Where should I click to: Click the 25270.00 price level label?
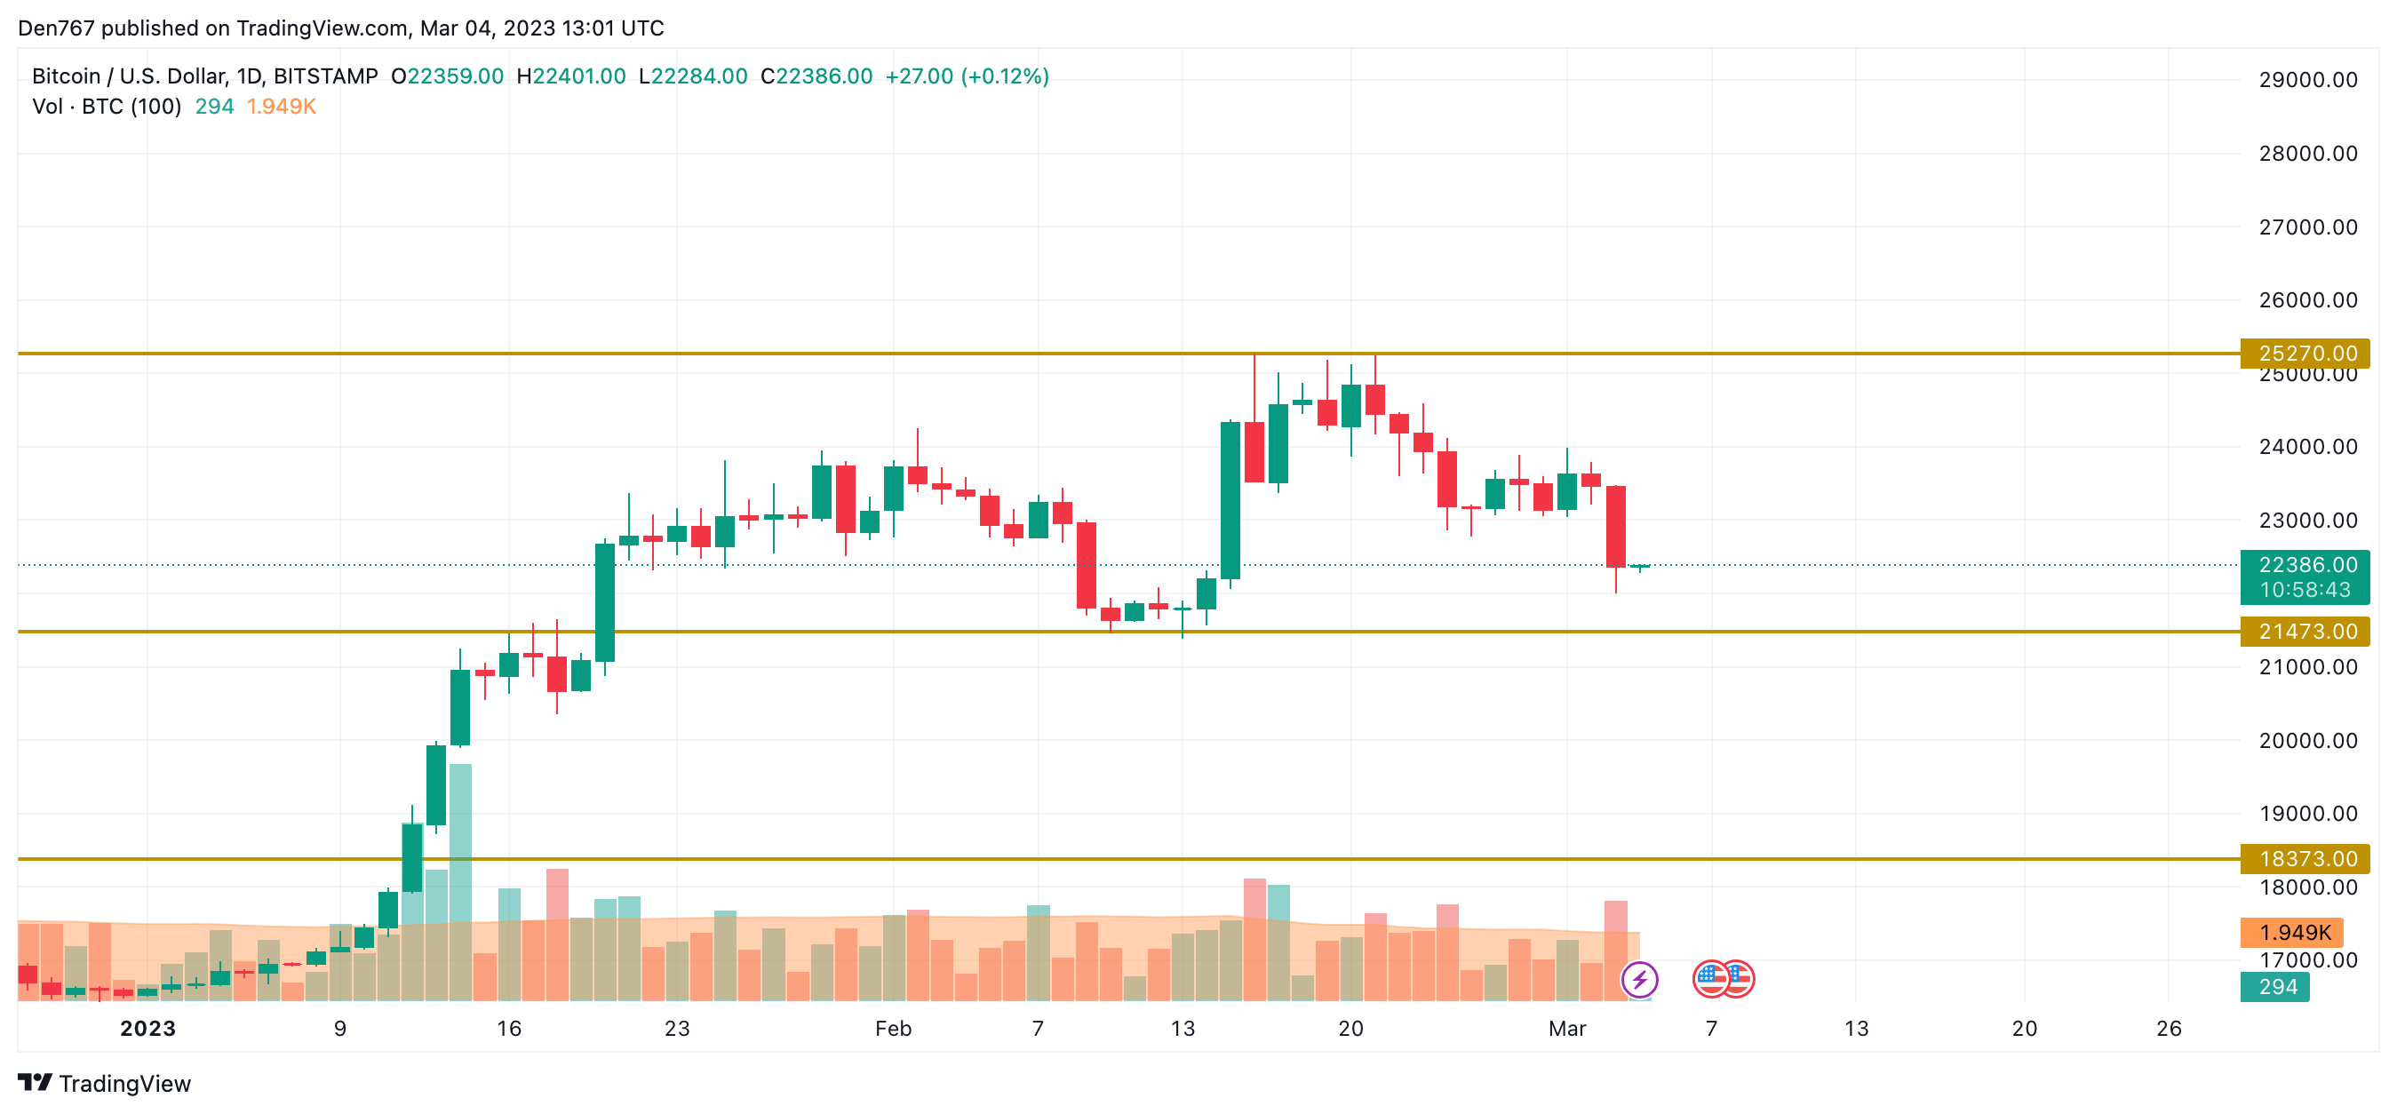[2305, 354]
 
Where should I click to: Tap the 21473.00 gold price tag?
[2305, 632]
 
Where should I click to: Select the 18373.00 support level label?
[2305, 859]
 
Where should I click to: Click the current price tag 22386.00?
[2305, 565]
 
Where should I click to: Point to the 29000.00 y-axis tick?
[2307, 80]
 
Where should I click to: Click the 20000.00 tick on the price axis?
[2307, 741]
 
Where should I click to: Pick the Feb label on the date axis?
[892, 1029]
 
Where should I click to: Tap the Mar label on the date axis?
[1566, 1029]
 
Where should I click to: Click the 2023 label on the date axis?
[148, 1029]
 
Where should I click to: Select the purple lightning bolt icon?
[1638, 979]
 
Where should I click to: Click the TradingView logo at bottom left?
[104, 1083]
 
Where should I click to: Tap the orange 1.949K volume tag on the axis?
[2293, 933]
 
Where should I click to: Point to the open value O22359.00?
[447, 76]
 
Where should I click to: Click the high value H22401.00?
[570, 76]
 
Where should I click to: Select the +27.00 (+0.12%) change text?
[966, 76]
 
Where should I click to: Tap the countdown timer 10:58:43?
[2305, 590]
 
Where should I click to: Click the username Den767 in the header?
[56, 28]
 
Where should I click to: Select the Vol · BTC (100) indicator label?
[107, 107]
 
